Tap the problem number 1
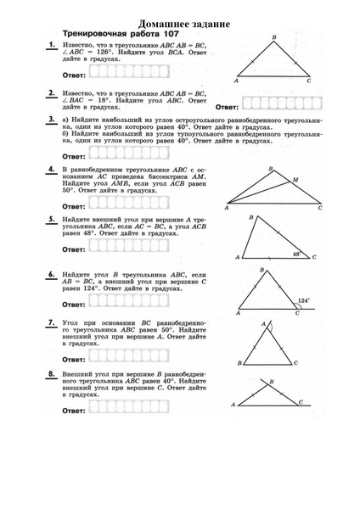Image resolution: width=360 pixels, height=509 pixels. pyautogui.click(x=52, y=44)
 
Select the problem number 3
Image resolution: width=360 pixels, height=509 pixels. pyautogui.click(x=52, y=120)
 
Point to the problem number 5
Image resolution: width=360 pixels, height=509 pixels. pyautogui.click(x=52, y=219)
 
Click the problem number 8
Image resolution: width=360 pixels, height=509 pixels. pyautogui.click(x=52, y=373)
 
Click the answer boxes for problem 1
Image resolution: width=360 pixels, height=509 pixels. pyautogui.click(x=111, y=76)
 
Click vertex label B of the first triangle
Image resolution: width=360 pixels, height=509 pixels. pyautogui.click(x=273, y=37)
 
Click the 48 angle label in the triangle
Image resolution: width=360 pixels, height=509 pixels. pyautogui.click(x=296, y=253)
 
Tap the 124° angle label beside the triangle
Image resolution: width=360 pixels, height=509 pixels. pyautogui.click(x=303, y=300)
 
